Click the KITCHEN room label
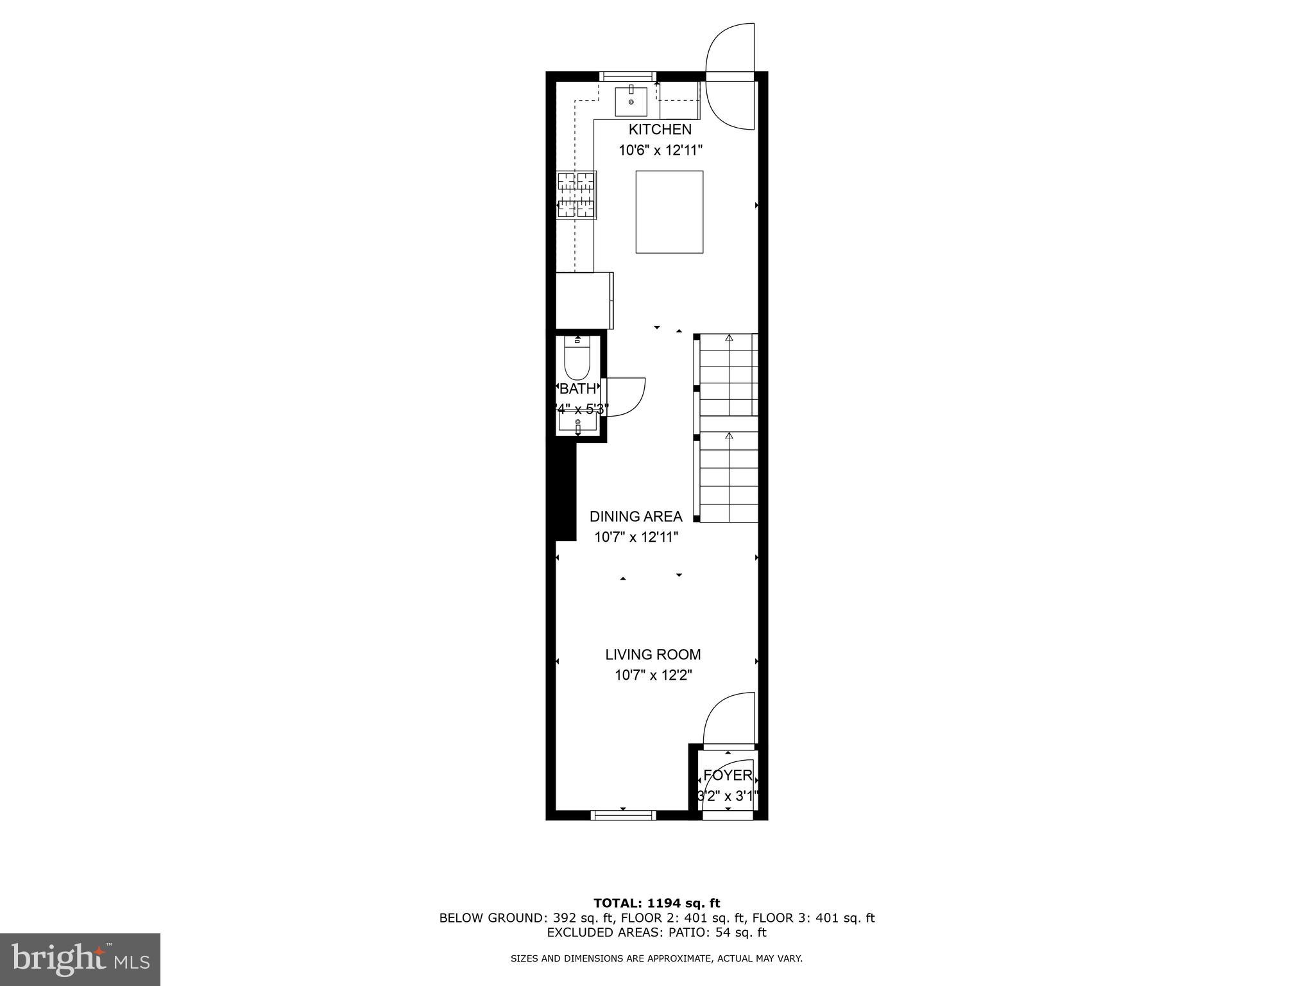[660, 129]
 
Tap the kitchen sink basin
[631, 101]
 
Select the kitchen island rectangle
[669, 212]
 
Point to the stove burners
[576, 195]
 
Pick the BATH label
[577, 388]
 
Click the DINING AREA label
[636, 516]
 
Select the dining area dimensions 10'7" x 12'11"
[636, 537]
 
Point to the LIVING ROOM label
[653, 654]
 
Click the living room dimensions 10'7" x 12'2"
[653, 675]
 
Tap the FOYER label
[728, 775]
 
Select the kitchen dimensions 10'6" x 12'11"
[660, 150]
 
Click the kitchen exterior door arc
[730, 77]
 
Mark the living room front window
[623, 815]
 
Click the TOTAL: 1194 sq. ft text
[656, 903]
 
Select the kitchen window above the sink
[627, 76]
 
